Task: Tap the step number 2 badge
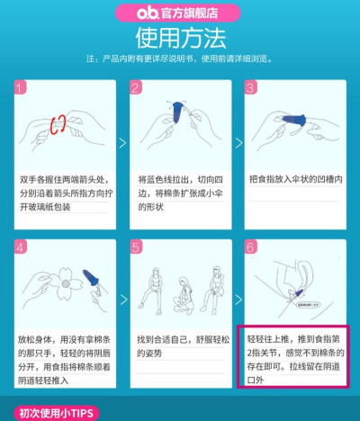[137, 87]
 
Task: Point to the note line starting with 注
[180, 59]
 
